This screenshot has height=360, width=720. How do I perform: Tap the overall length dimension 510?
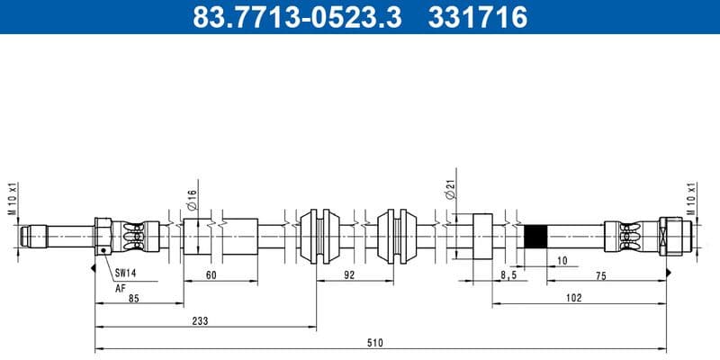click(x=374, y=343)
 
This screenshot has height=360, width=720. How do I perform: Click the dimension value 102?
click(x=573, y=297)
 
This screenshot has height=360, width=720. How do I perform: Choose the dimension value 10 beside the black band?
click(x=562, y=260)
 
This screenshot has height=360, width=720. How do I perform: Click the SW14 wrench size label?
click(x=125, y=272)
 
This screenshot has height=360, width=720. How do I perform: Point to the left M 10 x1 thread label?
click(x=13, y=200)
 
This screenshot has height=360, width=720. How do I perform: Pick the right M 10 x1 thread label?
click(x=692, y=200)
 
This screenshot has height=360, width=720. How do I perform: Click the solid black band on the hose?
click(x=535, y=236)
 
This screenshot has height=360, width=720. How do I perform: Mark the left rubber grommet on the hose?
click(x=319, y=236)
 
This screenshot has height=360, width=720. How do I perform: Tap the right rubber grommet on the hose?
click(x=397, y=236)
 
